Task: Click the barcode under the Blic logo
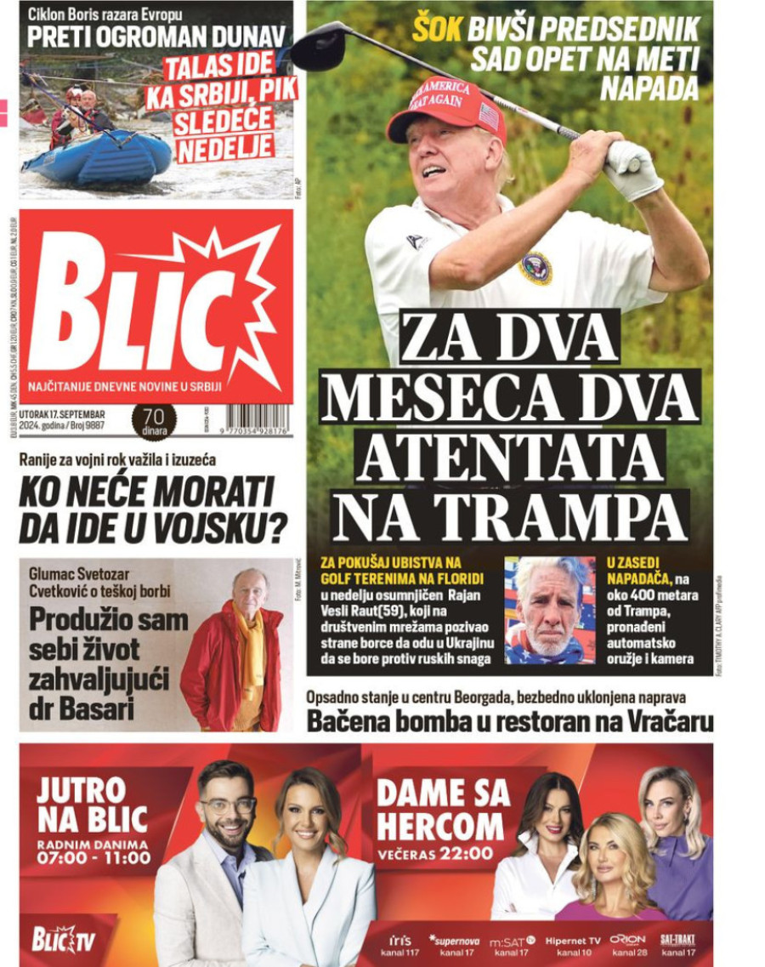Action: (256, 419)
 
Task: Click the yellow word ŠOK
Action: (437, 30)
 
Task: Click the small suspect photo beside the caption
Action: (550, 610)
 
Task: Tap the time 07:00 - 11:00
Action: (93, 858)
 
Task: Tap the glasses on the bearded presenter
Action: (227, 804)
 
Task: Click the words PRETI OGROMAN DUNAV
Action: (156, 37)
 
